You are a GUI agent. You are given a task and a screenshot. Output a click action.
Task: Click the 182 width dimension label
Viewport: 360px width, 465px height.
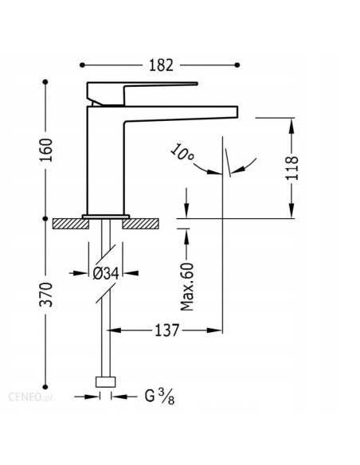click(x=161, y=65)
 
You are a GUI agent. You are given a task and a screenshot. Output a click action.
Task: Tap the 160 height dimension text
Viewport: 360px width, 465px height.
click(x=46, y=150)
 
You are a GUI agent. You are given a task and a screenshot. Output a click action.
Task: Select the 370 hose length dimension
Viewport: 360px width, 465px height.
click(x=46, y=295)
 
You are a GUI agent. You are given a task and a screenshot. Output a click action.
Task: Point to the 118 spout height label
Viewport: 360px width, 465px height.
click(x=292, y=168)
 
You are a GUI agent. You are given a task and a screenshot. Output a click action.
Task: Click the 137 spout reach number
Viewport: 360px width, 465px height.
click(x=167, y=330)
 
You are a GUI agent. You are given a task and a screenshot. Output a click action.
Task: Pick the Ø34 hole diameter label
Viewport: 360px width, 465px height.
click(x=106, y=273)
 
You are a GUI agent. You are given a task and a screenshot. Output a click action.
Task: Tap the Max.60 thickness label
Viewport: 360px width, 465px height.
click(x=187, y=287)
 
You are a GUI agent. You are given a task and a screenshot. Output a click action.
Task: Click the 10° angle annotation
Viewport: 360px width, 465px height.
click(x=182, y=152)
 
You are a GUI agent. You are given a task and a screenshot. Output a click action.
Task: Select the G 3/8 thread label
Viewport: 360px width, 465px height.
click(x=159, y=397)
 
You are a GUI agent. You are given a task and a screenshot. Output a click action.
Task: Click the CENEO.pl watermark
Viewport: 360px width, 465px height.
click(x=30, y=397)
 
